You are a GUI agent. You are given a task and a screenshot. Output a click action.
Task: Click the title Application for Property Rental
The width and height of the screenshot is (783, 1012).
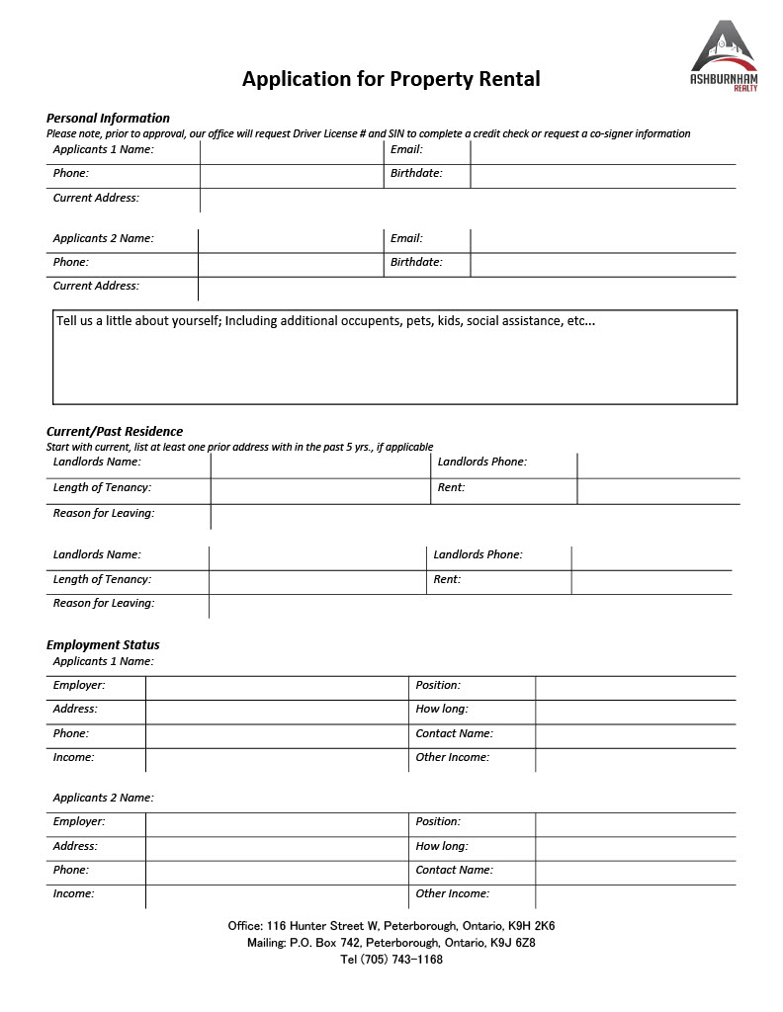click(x=391, y=79)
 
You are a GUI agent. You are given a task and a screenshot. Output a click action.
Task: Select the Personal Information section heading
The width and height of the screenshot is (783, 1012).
click(x=108, y=118)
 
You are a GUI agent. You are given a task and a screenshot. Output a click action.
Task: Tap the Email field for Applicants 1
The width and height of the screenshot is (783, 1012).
click(x=602, y=151)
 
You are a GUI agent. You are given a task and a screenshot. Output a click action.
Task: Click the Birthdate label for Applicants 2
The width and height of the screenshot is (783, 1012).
click(x=416, y=262)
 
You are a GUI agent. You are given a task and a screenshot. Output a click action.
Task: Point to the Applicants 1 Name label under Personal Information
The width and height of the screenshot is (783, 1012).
click(x=103, y=150)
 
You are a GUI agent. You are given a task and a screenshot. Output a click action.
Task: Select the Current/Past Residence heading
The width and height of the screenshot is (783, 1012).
click(x=115, y=431)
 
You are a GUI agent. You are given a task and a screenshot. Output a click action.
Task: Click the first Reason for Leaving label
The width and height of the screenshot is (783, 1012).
click(x=104, y=513)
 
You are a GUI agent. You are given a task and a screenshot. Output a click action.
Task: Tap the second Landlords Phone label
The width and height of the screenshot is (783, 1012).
click(x=478, y=554)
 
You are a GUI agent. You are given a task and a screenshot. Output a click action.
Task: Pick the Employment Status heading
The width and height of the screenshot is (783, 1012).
click(x=103, y=645)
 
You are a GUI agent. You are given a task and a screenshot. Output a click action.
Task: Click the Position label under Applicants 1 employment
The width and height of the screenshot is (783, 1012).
click(x=438, y=685)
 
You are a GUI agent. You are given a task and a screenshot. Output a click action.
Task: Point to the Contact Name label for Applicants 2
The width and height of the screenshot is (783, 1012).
click(x=454, y=870)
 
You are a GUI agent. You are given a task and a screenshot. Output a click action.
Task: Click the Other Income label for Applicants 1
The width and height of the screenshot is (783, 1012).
click(x=452, y=757)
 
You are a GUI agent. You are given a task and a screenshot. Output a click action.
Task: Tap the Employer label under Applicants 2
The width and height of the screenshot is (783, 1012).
click(x=79, y=821)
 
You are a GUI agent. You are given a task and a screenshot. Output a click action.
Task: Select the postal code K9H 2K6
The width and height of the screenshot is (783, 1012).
click(x=531, y=926)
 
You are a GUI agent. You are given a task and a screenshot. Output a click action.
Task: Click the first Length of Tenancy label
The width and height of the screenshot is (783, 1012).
click(x=102, y=487)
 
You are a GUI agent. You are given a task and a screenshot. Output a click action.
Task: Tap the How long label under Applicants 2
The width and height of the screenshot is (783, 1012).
click(x=442, y=846)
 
